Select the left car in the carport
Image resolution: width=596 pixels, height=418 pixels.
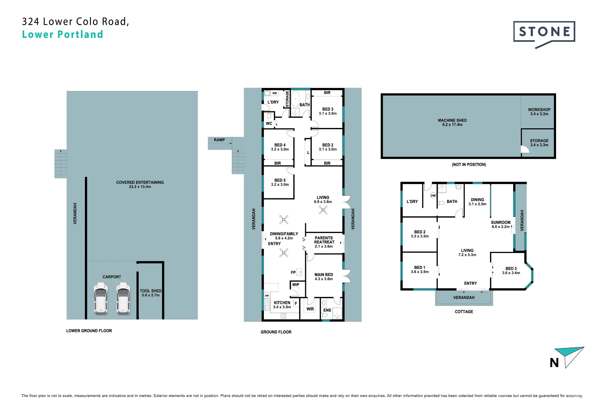(x=101, y=298)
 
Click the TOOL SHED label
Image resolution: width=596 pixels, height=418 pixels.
(x=150, y=291)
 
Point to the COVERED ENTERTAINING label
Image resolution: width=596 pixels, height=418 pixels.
(x=140, y=182)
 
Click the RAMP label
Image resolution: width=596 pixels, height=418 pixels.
(x=219, y=140)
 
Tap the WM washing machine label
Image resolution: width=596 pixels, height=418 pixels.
(x=274, y=93)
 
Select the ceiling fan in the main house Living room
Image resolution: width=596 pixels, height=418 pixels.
(x=323, y=210)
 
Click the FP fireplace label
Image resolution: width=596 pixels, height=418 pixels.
(x=293, y=272)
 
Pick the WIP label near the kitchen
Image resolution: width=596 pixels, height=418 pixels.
(x=296, y=285)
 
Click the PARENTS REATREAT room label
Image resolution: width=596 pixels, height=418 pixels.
(x=324, y=240)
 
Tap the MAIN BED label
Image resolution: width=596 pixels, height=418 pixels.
(x=324, y=274)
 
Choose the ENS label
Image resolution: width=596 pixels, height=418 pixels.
(x=327, y=310)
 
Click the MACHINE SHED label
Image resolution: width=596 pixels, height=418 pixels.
(x=452, y=120)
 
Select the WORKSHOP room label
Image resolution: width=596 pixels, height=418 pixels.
(x=539, y=109)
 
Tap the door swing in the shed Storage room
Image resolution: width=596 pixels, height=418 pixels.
(x=525, y=149)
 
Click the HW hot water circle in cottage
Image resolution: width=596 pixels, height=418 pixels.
(x=433, y=196)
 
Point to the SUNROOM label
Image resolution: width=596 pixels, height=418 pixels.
(x=501, y=222)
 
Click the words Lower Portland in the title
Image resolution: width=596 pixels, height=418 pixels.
(x=63, y=34)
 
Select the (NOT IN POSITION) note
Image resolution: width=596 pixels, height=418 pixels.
(x=469, y=164)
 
